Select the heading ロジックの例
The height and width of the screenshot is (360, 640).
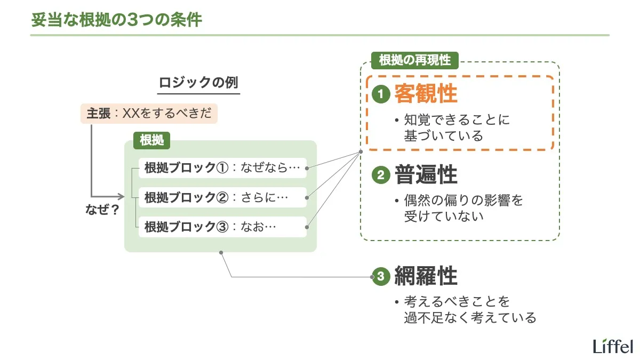198,84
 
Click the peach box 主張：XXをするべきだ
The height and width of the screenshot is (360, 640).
149,114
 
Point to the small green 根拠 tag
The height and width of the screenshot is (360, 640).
151,140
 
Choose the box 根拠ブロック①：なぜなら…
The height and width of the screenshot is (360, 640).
222,168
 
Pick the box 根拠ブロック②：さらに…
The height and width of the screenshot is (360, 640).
222,198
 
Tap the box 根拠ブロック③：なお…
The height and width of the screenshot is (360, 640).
222,227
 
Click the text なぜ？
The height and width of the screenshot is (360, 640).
102,210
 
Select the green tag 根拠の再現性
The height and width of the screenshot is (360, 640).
414,60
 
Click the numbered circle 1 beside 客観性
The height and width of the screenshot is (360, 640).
381,95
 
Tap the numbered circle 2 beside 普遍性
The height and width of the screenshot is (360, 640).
381,175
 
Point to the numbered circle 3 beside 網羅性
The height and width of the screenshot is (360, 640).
381,276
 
